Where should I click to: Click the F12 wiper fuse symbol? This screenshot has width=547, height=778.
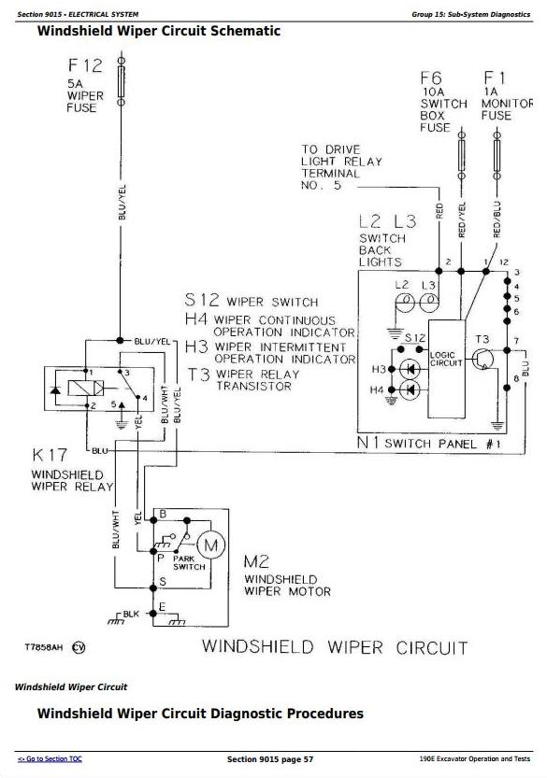pos(121,81)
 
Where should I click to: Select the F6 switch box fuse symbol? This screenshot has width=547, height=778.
pos(462,155)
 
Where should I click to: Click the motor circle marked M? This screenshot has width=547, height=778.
pos(211,545)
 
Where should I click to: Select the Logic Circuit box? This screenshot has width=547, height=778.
pos(447,368)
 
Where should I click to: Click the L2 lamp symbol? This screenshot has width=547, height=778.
pos(405,302)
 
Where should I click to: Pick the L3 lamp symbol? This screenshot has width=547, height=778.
pos(429,302)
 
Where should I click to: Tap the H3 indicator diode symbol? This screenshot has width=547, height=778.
pos(410,369)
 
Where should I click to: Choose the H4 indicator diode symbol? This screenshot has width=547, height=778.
pos(410,390)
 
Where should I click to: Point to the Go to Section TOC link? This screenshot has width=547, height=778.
pos(50,758)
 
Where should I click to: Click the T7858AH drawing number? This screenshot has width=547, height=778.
pos(44,647)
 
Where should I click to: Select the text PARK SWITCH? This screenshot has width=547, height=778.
pos(189,562)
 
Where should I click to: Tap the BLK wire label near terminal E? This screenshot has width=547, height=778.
pos(131,615)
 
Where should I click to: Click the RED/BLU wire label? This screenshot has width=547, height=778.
pos(497,219)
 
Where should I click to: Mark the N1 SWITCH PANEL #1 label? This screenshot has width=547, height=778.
pos(429,443)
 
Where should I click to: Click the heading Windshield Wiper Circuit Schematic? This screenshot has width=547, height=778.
pos(159,31)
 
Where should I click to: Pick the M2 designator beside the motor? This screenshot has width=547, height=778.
pos(256,561)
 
